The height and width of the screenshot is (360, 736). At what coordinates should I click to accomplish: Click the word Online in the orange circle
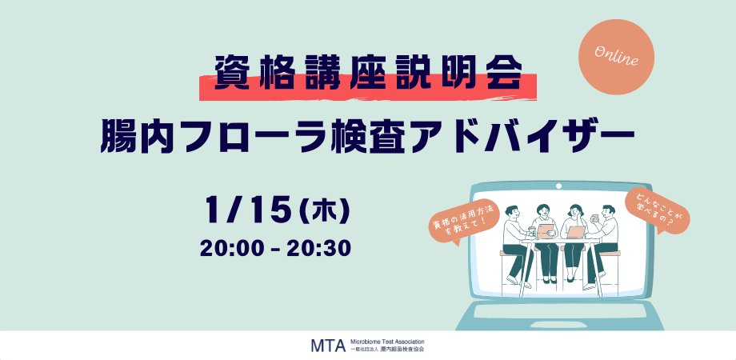click(616, 56)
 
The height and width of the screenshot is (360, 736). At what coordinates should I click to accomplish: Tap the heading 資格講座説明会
click(368, 74)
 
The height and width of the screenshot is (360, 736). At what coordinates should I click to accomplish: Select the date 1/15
click(246, 210)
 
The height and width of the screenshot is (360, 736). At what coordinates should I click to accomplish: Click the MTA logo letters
click(328, 345)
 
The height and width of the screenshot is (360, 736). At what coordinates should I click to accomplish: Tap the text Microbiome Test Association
click(387, 342)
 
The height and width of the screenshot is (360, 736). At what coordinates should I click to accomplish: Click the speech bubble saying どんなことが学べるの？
click(657, 210)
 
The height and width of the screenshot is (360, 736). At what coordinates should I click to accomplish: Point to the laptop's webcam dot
click(558, 186)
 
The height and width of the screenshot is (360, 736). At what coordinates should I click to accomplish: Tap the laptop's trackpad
click(558, 311)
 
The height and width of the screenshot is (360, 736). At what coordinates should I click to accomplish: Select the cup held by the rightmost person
click(594, 218)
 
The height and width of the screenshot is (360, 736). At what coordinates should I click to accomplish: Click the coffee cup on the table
click(532, 232)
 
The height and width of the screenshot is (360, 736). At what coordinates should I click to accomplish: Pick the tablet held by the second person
click(546, 230)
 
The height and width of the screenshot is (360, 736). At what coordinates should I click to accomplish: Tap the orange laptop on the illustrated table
click(577, 232)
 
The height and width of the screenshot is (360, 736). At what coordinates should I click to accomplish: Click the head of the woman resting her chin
click(574, 210)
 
